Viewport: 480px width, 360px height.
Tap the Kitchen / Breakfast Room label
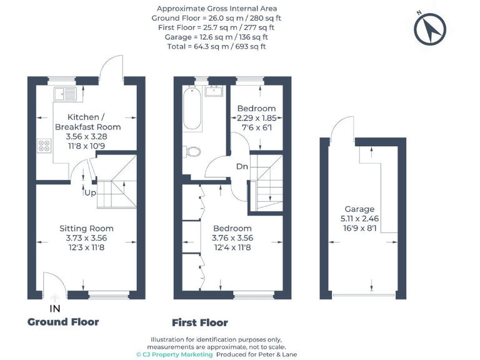tap(87, 122)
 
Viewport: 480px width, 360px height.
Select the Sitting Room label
tap(86, 228)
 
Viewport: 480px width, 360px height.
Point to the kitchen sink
tap(64, 94)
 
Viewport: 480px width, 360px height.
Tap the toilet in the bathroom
tap(193, 151)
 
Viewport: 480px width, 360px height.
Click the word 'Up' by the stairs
tap(91, 192)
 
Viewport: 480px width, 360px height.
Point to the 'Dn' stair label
tap(242, 167)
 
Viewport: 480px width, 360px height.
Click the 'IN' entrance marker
tap(55, 309)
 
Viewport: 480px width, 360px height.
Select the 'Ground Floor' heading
tap(63, 322)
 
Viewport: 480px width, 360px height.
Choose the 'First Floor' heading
tap(200, 323)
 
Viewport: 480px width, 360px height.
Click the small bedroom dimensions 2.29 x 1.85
tap(256, 117)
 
